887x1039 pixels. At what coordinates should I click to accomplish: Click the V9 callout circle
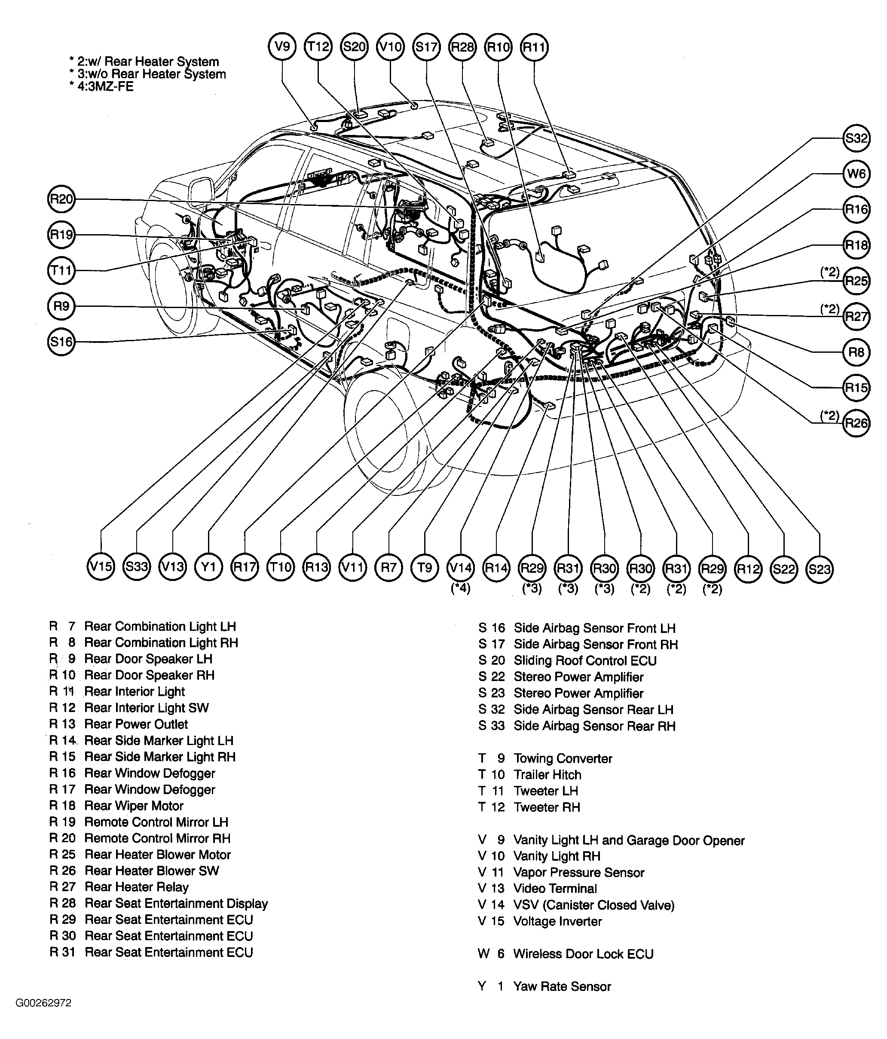tap(282, 47)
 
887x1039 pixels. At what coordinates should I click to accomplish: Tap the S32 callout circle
tap(856, 138)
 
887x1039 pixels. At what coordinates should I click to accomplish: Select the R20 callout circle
tap(61, 199)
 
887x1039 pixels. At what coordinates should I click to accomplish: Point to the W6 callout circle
tap(856, 174)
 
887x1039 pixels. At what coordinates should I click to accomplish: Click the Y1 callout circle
tap(208, 567)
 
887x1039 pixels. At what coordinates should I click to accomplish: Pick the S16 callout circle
tap(61, 342)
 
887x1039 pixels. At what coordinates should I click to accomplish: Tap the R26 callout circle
tap(856, 423)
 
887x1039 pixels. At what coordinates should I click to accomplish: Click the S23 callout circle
tap(820, 568)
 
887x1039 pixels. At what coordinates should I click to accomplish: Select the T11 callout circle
tap(61, 271)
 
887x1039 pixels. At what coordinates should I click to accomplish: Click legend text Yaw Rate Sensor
tap(562, 986)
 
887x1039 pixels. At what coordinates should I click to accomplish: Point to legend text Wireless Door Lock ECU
tap(583, 954)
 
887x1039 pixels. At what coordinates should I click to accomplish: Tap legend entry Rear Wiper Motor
tap(134, 806)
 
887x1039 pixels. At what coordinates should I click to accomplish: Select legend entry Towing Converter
tap(563, 758)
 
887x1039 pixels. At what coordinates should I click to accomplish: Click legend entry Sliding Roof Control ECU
tap(584, 660)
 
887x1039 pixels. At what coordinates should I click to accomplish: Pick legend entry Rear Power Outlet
tap(136, 724)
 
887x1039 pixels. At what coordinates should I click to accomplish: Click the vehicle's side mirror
tap(202, 189)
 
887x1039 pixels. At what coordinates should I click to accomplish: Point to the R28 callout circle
tap(462, 47)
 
